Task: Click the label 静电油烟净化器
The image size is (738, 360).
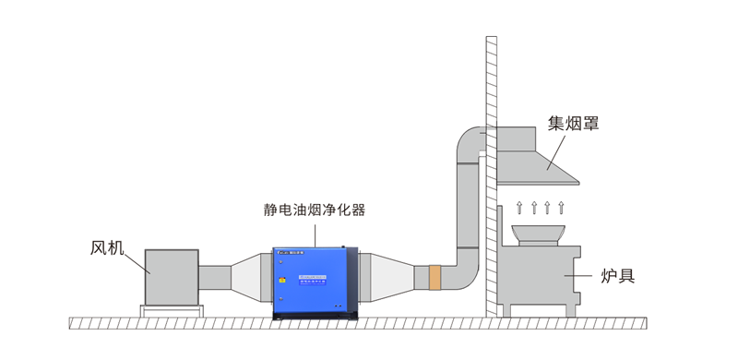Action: pos(314,210)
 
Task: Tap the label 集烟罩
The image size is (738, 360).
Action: pos(573,124)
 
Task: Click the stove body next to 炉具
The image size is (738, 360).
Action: pos(540,282)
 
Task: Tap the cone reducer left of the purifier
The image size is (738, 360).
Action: pos(252,276)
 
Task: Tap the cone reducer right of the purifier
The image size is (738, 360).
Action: pos(377,276)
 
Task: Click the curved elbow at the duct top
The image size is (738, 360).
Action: pos(470,143)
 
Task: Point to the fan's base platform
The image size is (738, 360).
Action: pos(171,310)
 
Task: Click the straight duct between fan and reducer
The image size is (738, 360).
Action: pos(214,276)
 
